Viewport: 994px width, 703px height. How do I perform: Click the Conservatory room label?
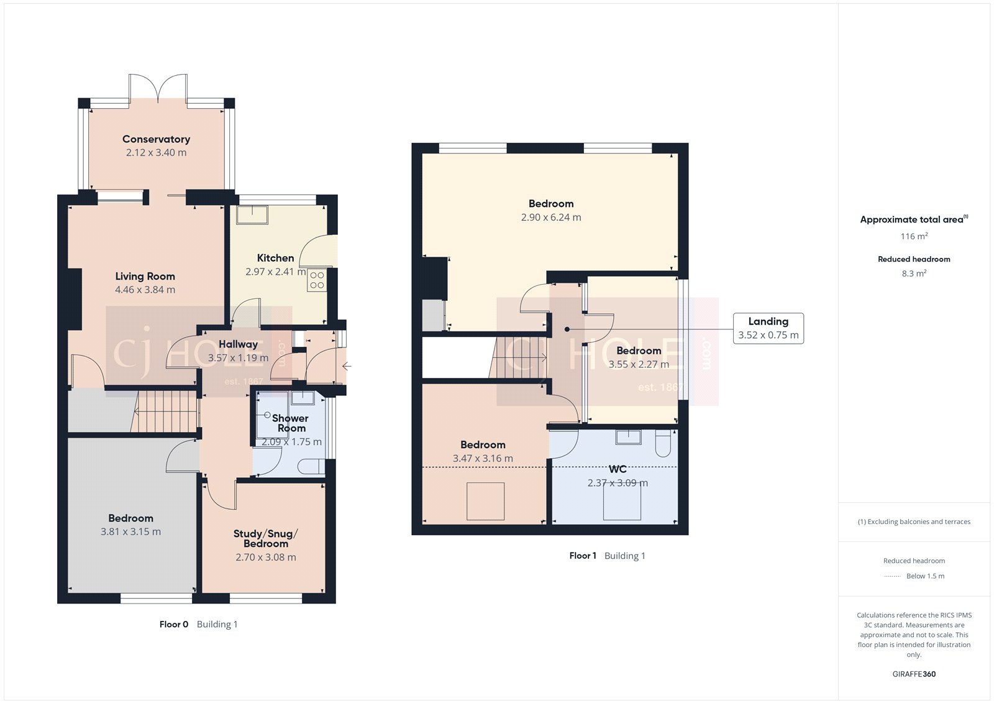pos(156,139)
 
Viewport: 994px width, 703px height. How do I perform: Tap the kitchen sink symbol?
pos(252,214)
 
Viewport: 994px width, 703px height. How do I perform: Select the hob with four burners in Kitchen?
pos(317,280)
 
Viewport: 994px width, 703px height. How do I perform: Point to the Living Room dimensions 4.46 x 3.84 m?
pos(145,290)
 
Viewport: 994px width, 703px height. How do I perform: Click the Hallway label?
pos(238,344)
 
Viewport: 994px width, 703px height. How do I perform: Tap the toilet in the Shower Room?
pos(310,466)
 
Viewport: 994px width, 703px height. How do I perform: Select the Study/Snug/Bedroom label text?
pos(265,538)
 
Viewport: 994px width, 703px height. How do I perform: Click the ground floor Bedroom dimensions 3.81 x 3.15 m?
pos(130,532)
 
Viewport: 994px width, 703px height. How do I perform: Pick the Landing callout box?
pos(768,328)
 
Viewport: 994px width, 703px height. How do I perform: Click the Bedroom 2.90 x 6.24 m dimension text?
pos(551,218)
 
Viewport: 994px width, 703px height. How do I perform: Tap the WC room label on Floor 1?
pos(618,469)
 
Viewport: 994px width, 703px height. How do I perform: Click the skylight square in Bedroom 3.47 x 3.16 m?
pos(485,501)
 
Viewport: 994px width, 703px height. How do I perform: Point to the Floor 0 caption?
pos(173,624)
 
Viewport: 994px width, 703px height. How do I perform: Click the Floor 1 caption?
pos(583,556)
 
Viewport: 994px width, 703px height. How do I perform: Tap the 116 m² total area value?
pos(914,236)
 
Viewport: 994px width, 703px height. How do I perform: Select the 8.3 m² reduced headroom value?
pos(914,273)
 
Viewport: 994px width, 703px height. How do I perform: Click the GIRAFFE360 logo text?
pos(914,674)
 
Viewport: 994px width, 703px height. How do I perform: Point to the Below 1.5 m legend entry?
pos(925,576)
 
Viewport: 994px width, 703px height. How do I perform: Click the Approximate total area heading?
pos(911,219)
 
